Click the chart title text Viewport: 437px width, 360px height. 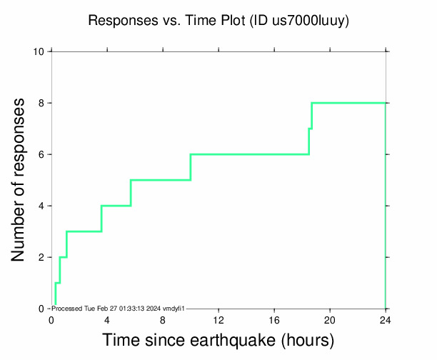tap(218, 21)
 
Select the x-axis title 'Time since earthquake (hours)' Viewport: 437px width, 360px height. tap(218, 340)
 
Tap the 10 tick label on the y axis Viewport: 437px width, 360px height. tap(40, 51)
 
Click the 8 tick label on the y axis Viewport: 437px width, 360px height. tap(42, 103)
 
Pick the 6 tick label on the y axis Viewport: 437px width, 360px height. tap(42, 154)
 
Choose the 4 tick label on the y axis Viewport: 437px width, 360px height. tap(42, 206)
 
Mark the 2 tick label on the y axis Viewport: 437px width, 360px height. tap(42, 257)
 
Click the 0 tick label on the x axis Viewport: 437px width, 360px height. tap(51, 319)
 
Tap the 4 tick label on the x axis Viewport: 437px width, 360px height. tap(107, 319)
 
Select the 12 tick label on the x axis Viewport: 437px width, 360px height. tap(218, 319)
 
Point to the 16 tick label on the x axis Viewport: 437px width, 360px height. tap(274, 319)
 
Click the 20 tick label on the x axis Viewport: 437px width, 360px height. tap(330, 319)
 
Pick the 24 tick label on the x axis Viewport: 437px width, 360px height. tap(386, 319)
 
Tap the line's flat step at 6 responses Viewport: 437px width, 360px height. tap(250, 154)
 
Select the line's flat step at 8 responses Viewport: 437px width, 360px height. tap(348, 103)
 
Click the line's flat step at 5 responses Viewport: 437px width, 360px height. tap(161, 180)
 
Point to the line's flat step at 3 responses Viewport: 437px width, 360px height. tap(84, 231)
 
